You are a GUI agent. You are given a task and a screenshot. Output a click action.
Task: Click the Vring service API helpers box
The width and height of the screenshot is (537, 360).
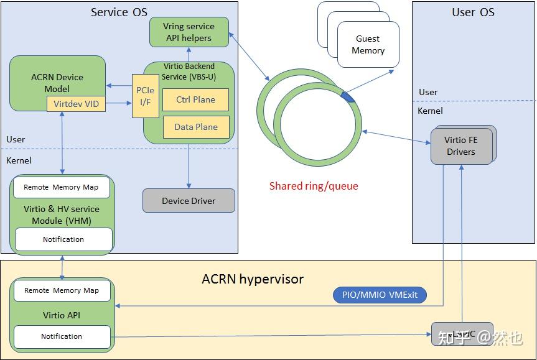click(189, 32)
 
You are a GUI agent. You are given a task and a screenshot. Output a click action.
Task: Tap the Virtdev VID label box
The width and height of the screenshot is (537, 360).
click(76, 104)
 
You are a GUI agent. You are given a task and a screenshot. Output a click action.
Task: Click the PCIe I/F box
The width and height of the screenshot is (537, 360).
click(144, 95)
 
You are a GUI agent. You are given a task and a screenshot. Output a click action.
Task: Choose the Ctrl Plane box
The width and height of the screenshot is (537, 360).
click(195, 99)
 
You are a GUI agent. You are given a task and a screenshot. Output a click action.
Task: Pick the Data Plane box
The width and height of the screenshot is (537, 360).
click(195, 127)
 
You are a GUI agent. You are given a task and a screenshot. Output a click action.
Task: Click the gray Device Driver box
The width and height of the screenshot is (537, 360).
click(189, 201)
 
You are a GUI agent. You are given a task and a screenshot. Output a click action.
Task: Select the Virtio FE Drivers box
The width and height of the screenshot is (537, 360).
click(460, 146)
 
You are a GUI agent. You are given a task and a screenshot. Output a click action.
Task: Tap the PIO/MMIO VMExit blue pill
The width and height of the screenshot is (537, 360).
click(380, 295)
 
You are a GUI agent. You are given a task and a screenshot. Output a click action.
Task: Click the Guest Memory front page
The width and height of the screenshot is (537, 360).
click(368, 45)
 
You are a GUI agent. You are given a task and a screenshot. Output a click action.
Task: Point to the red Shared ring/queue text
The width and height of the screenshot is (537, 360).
click(314, 186)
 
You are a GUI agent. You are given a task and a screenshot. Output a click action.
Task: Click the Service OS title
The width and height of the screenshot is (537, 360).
click(119, 12)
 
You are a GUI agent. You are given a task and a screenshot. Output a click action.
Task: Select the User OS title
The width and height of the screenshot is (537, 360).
click(473, 12)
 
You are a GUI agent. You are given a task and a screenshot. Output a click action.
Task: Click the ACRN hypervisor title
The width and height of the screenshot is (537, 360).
click(253, 279)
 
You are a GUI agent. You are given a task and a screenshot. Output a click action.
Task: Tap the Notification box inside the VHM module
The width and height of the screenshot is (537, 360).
click(63, 239)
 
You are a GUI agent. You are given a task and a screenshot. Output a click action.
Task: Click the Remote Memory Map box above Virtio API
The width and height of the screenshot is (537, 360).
click(62, 290)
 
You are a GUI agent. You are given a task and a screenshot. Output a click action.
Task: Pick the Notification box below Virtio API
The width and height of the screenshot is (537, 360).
click(62, 336)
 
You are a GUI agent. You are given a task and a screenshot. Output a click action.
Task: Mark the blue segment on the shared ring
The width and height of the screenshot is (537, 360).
click(348, 97)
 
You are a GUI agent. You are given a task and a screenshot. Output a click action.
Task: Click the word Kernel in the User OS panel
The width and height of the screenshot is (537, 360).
click(431, 111)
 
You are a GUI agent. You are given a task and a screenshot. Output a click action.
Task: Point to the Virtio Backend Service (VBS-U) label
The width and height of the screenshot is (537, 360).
click(188, 72)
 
